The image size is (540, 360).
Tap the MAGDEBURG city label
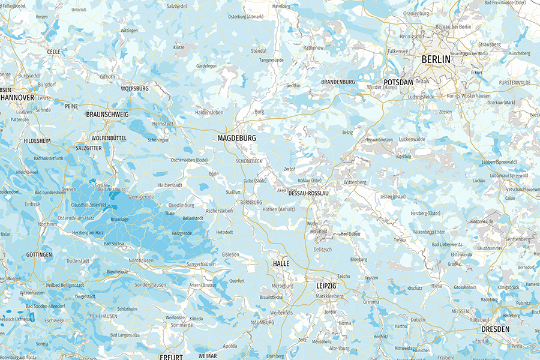pos(236,138)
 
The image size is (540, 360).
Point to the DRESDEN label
pos(495,329)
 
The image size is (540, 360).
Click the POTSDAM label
pos(398,82)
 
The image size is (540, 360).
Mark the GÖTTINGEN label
pos(39,254)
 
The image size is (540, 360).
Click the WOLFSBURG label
pos(134,88)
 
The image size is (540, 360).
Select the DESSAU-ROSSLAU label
pos(308,194)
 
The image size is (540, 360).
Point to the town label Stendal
pos(259,51)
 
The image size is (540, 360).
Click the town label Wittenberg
pos(355,182)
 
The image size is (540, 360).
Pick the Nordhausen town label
pos(141,260)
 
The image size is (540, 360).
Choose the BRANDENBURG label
pos(338,82)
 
